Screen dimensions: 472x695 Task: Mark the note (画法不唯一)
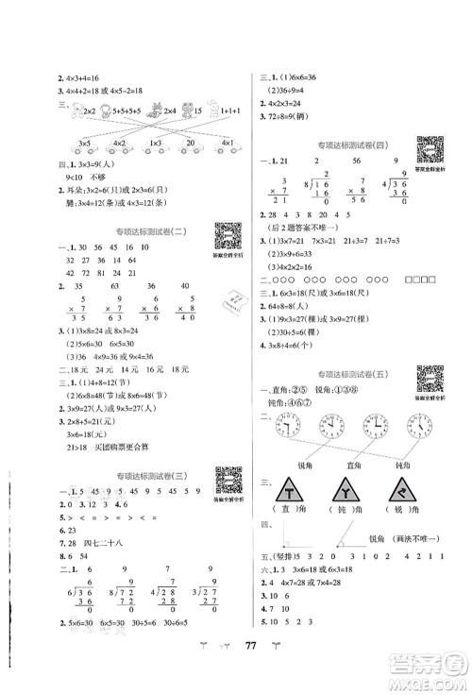pos(416,564)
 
